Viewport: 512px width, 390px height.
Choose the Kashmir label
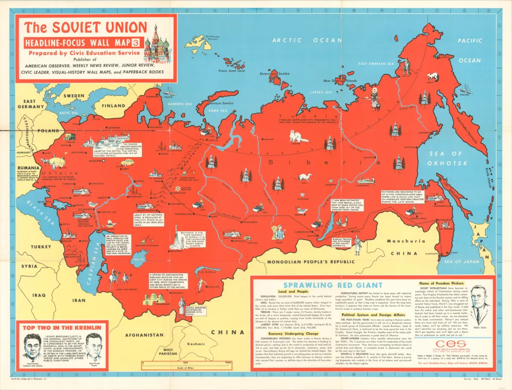coord(196,344)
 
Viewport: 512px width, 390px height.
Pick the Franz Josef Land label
coord(232,71)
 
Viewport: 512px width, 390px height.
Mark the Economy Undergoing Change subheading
coord(294,334)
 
